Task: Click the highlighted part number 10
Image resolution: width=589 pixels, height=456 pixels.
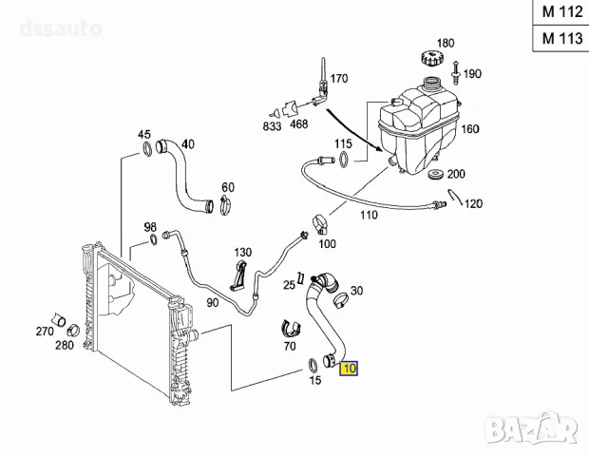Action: [349, 369]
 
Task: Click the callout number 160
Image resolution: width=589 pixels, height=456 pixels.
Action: [469, 128]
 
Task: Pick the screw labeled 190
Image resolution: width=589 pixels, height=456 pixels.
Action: [457, 71]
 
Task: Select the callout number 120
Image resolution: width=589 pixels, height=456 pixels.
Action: [474, 204]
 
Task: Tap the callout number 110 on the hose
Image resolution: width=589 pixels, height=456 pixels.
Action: [368, 215]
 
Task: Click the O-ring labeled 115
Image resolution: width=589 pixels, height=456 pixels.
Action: [345, 159]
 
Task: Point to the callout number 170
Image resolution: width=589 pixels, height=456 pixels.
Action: [339, 78]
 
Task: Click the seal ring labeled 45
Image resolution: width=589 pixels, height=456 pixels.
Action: [145, 148]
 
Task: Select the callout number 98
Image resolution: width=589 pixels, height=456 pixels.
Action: [149, 227]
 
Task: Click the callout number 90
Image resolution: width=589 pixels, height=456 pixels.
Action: [213, 302]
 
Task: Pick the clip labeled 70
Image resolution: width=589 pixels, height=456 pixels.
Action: [291, 329]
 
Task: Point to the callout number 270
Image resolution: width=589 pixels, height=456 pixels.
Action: [44, 332]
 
